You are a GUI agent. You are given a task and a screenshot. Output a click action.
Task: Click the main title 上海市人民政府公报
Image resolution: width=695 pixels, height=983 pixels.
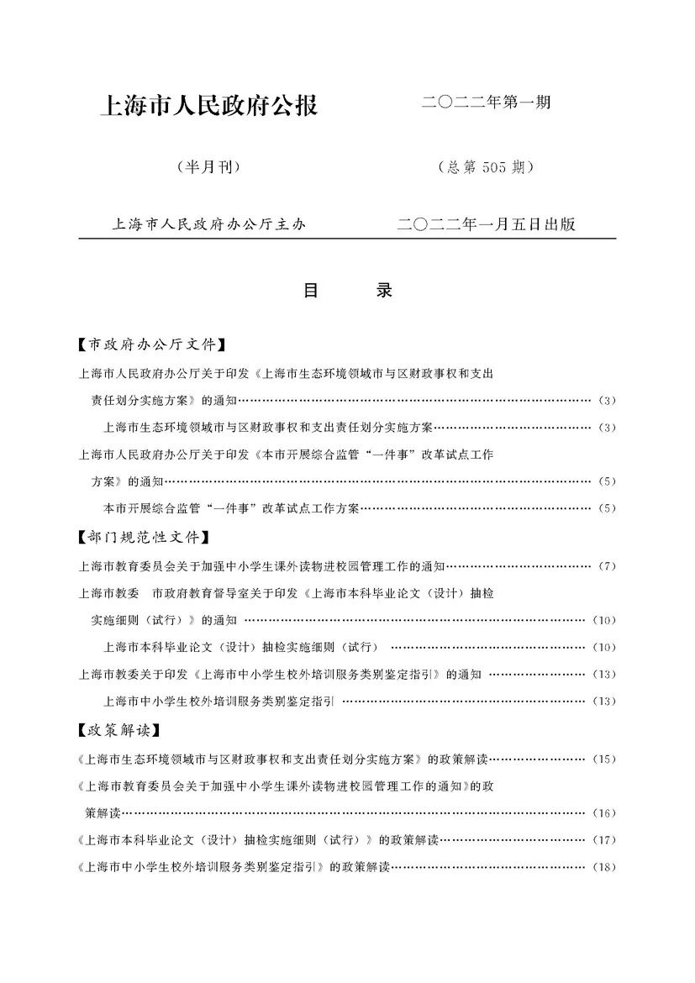[x=208, y=107]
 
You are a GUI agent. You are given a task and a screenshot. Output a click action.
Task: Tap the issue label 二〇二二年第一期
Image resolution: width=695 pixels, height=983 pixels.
[x=487, y=104]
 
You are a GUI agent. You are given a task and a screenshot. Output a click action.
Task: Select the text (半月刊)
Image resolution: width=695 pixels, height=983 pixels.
[x=209, y=167]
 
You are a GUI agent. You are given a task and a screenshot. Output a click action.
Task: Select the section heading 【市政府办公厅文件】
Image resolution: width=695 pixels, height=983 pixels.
[x=151, y=344]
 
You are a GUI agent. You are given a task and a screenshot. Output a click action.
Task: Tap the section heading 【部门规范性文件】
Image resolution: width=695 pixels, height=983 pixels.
[x=142, y=537]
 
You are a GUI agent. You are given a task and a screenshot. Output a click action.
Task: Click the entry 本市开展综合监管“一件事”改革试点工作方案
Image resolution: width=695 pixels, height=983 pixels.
[x=231, y=508]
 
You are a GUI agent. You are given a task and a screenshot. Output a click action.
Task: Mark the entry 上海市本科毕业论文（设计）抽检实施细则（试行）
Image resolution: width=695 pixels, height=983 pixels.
[x=240, y=647]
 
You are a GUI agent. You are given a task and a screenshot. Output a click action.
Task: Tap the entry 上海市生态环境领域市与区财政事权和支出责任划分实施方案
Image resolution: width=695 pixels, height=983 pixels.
[x=267, y=428]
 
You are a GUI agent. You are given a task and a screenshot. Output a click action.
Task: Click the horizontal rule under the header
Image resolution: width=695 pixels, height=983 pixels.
[x=347, y=239]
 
